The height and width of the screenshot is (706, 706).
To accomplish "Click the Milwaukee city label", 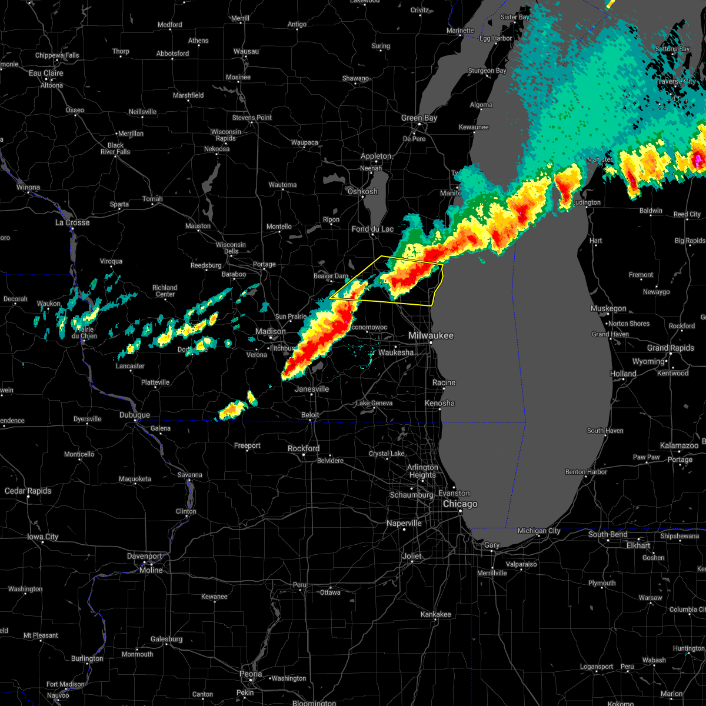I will click(x=431, y=335).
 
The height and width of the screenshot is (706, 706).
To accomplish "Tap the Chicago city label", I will click(x=460, y=504).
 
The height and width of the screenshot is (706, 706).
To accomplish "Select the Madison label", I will click(x=270, y=332).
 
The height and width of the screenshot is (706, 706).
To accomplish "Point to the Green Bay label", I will click(x=419, y=118).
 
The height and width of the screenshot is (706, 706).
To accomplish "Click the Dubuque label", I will click(x=135, y=415).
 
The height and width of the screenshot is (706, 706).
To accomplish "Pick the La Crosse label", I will click(x=72, y=223).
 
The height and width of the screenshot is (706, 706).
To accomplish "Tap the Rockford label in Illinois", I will click(x=304, y=449).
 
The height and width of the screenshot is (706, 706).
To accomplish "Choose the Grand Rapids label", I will click(x=670, y=348).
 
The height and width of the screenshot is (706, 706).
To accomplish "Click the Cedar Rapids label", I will click(x=28, y=491).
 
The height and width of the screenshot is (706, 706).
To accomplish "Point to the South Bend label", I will click(x=608, y=535).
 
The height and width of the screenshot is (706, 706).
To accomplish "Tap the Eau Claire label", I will click(x=46, y=74).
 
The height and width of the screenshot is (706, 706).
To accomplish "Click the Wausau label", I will click(x=246, y=52).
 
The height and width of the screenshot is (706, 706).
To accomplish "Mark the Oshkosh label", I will click(x=362, y=192).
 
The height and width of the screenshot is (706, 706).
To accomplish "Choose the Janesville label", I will click(x=312, y=389).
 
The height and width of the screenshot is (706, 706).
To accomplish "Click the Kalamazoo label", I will click(x=680, y=446).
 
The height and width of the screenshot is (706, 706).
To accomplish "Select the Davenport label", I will click(x=145, y=557).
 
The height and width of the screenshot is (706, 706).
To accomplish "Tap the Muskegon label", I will click(x=608, y=309).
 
